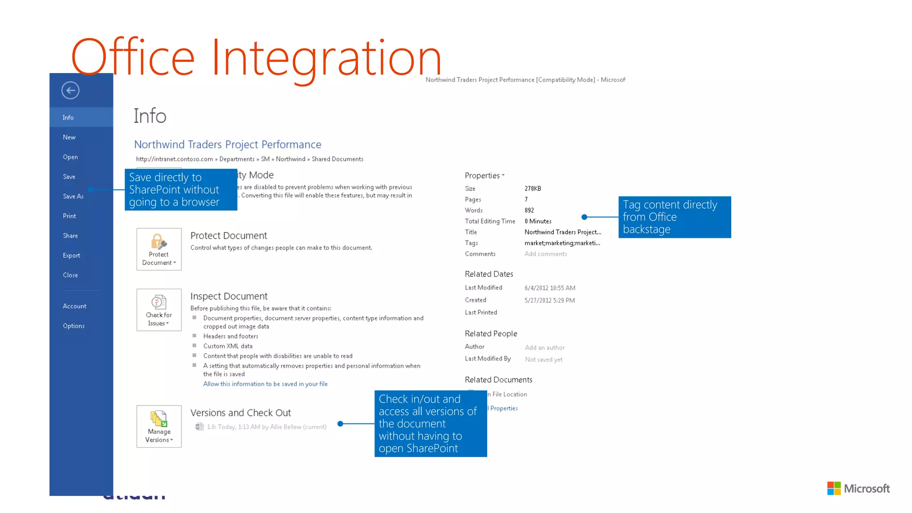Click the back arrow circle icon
(70, 90)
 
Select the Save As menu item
(73, 196)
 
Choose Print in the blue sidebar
(69, 216)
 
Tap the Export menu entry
(71, 256)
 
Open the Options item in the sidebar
(73, 326)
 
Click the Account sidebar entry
(74, 306)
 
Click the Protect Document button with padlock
(159, 249)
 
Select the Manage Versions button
(159, 427)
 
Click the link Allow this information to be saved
(265, 384)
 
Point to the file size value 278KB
(533, 189)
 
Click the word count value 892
(529, 211)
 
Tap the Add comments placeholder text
(546, 254)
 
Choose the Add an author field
(545, 348)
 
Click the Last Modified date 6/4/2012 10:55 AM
(550, 288)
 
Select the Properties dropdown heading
(484, 176)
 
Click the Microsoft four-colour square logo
(834, 489)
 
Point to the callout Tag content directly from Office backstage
(674, 217)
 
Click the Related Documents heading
(498, 380)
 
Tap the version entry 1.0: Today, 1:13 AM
(266, 427)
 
